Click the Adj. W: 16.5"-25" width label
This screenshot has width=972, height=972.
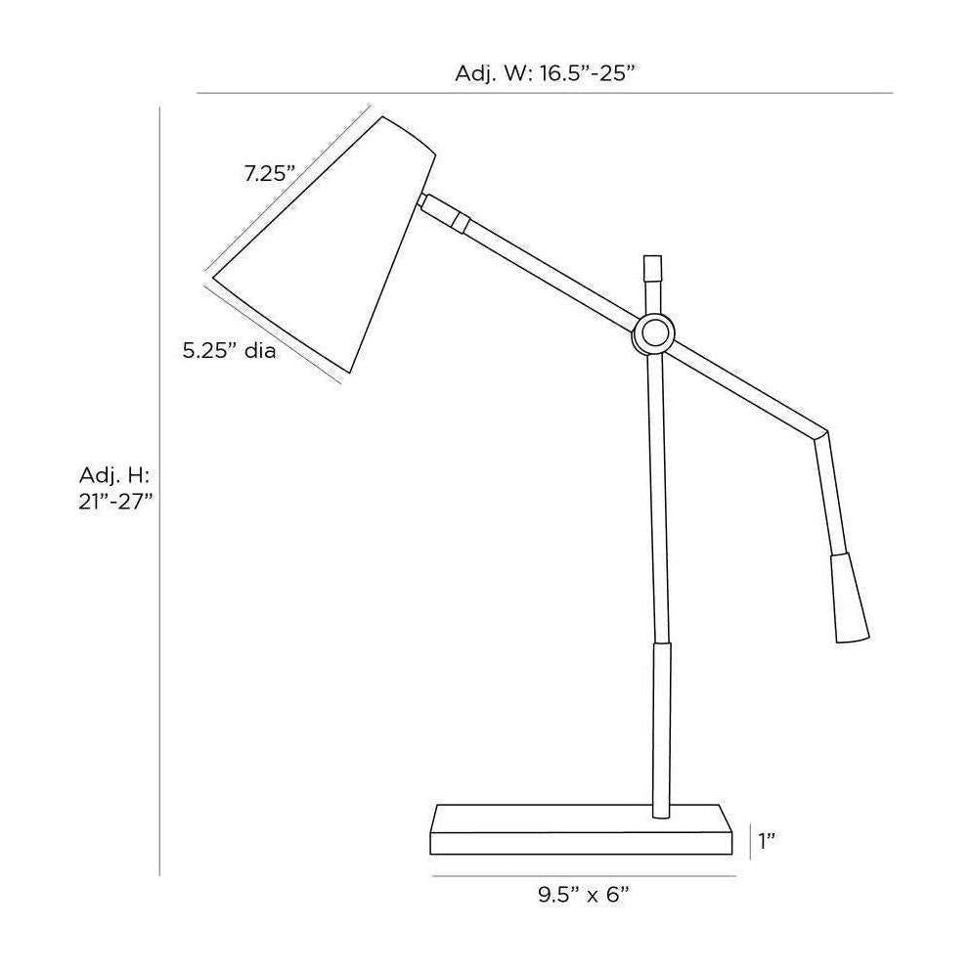[546, 73]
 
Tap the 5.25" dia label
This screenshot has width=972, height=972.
[230, 351]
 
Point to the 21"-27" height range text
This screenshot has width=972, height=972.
[116, 502]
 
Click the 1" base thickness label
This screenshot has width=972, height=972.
[768, 841]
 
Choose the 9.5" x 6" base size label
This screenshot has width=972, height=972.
[584, 895]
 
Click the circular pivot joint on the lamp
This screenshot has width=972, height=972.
[653, 334]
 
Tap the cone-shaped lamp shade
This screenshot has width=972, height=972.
[325, 244]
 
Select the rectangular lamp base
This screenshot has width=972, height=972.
[582, 829]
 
